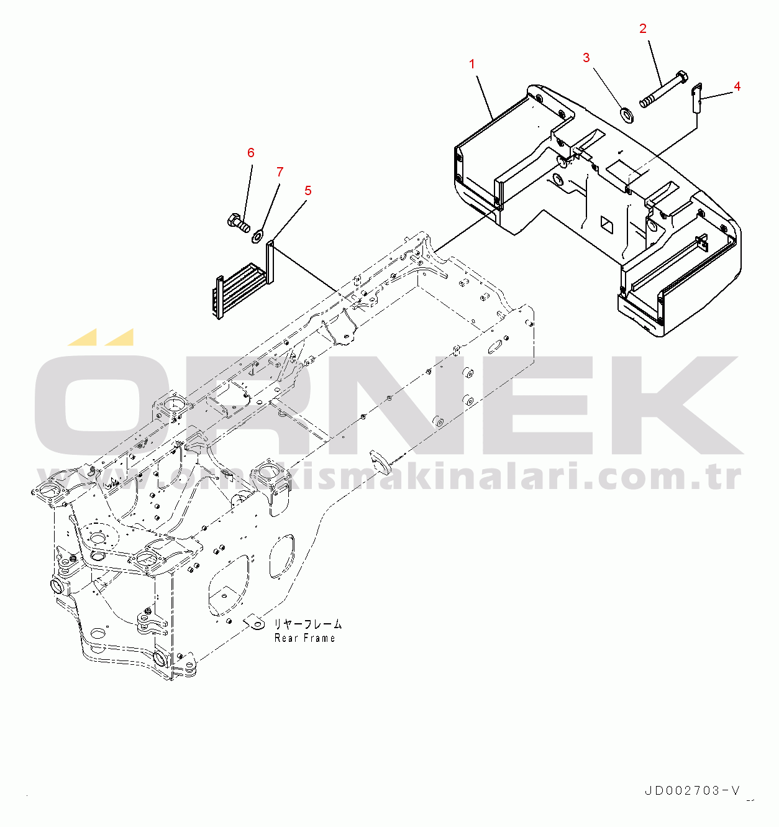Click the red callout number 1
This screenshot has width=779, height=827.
[471, 64]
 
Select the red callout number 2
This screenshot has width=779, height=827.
[643, 29]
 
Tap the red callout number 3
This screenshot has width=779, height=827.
[586, 58]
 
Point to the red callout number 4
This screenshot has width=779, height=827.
[737, 86]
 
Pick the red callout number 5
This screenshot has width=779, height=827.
[307, 191]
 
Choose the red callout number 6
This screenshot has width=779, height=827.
[250, 153]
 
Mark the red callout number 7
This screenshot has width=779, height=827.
[280, 172]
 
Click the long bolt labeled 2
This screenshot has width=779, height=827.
[663, 89]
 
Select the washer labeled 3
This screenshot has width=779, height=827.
[627, 115]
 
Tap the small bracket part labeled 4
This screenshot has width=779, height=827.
[698, 98]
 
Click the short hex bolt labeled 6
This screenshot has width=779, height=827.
[239, 222]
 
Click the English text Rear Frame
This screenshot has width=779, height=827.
[305, 638]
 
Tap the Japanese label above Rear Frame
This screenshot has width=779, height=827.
[307, 624]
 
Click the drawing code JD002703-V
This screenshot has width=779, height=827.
[692, 790]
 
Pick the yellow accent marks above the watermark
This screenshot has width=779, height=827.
[101, 337]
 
